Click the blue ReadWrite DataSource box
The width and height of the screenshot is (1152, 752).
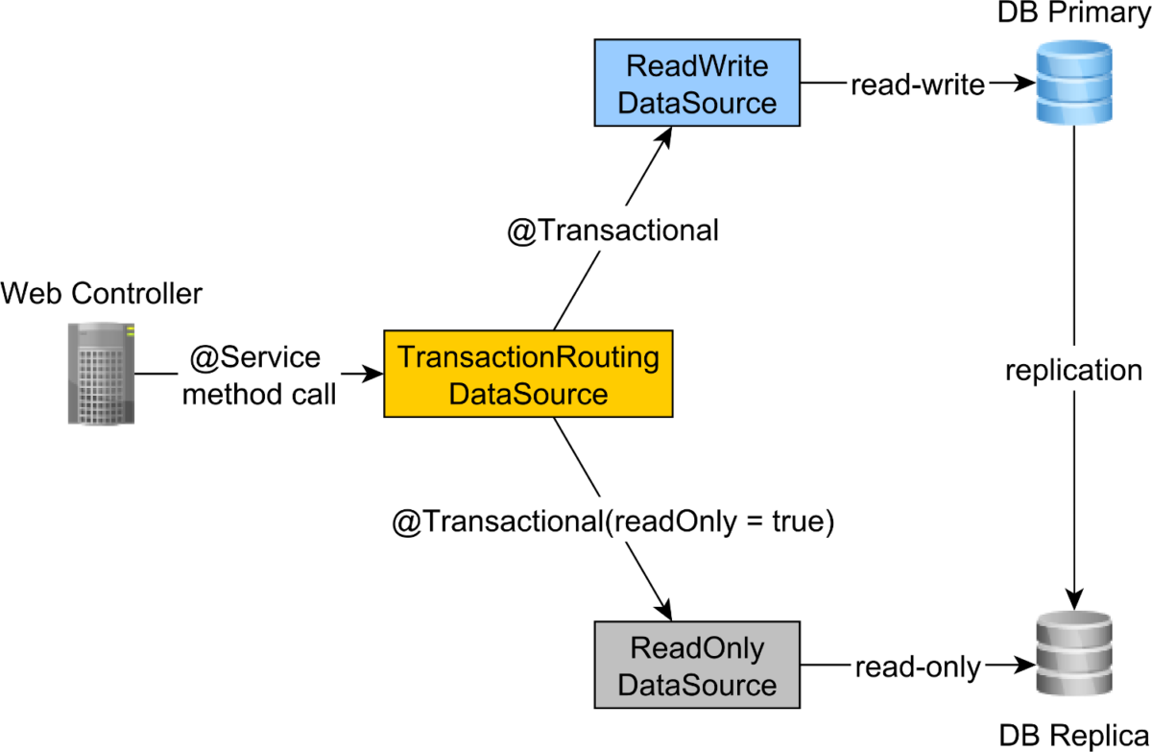click(x=698, y=84)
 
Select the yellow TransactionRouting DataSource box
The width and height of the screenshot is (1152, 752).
click(x=528, y=375)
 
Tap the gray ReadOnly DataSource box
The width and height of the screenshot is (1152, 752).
click(x=698, y=667)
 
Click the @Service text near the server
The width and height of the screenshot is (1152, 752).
click(x=254, y=358)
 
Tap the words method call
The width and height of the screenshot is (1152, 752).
click(x=259, y=394)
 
